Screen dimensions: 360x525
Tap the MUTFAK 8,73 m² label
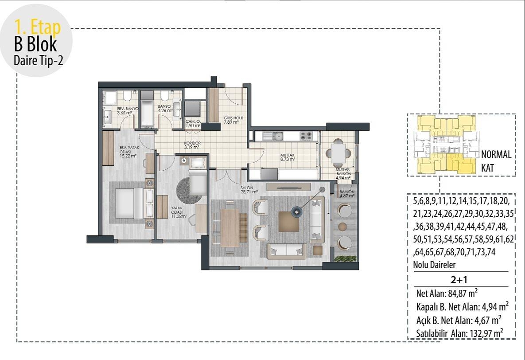(287, 157)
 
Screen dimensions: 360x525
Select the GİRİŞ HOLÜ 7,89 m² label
(231, 120)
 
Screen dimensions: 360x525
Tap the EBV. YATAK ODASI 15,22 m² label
(128, 152)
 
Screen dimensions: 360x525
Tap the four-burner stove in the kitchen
(306, 136)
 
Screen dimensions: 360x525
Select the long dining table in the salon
(229, 227)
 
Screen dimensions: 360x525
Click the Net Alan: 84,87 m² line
(447, 293)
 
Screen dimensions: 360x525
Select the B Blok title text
(35, 45)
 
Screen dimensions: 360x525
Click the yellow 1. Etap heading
(38, 27)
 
